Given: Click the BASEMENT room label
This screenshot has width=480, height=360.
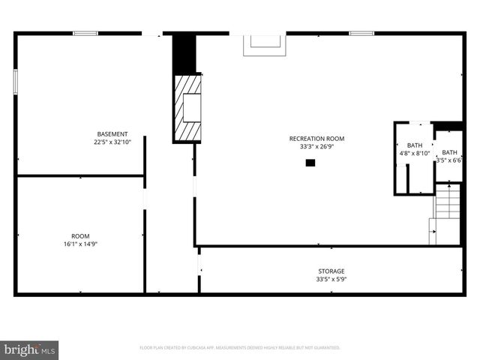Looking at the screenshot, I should (x=112, y=134).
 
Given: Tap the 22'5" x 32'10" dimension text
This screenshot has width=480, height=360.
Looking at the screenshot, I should (x=112, y=142).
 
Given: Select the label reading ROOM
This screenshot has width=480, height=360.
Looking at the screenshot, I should (x=80, y=235).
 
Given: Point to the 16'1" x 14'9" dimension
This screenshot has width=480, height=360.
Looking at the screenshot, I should (x=80, y=243).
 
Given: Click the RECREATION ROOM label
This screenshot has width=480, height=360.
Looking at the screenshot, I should (x=316, y=139).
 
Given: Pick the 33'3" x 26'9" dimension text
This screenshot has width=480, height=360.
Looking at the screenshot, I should (x=316, y=146).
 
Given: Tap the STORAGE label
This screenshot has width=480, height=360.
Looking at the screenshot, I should (x=331, y=271).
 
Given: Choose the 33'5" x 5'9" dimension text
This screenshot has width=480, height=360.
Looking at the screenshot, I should (x=331, y=279).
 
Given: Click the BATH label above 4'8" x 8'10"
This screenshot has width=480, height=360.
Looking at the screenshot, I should (x=415, y=145).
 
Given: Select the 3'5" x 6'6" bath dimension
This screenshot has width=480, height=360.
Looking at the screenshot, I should (x=448, y=160).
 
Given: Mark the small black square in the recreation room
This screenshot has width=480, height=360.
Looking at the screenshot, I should (x=310, y=162).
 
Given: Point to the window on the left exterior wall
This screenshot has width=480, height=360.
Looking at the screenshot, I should (x=15, y=82).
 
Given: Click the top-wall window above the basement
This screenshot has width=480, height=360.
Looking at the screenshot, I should (x=85, y=33).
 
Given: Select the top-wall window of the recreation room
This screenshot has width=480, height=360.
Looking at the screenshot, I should (x=361, y=33).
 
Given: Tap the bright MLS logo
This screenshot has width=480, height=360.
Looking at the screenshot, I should (x=30, y=349).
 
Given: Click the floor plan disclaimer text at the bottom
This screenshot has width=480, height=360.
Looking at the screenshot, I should (x=240, y=348).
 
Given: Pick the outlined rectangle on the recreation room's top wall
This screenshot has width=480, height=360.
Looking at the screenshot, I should (x=263, y=44).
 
